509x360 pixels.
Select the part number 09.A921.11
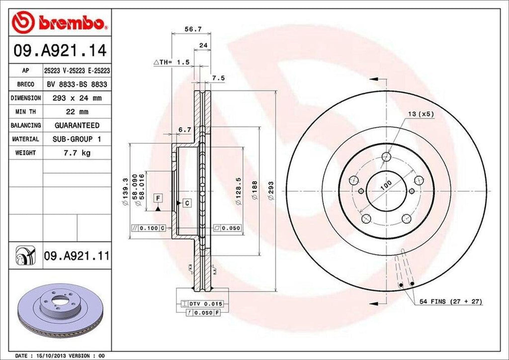coord(76,257)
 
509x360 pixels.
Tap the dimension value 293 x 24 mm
coord(77,98)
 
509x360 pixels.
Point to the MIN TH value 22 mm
coord(77,112)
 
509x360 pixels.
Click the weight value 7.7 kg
coord(77,153)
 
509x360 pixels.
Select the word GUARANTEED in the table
coord(77,125)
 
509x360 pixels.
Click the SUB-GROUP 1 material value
coord(77,139)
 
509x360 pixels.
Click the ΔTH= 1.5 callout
coord(171,62)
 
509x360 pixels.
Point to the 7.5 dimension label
coord(218,78)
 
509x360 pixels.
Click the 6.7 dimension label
coord(185,130)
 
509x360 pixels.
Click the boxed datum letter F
coord(158,198)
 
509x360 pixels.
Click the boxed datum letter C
coord(187,202)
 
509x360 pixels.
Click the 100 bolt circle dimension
coord(386,185)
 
